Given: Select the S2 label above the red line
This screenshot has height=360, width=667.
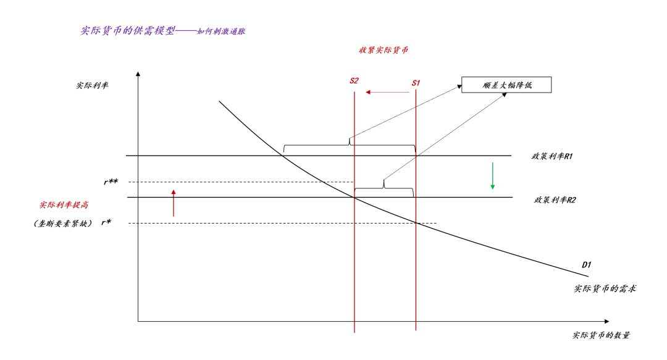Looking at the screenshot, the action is click(354, 81).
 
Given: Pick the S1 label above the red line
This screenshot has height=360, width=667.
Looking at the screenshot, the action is click(416, 82).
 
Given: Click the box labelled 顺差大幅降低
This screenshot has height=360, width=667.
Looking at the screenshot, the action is click(506, 85).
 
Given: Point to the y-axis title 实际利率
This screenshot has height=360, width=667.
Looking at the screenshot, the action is click(92, 85).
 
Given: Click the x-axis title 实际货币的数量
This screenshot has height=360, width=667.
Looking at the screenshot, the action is click(601, 335).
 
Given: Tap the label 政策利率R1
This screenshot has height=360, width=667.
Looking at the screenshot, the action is click(552, 156).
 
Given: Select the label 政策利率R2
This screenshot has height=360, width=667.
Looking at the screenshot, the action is click(555, 200).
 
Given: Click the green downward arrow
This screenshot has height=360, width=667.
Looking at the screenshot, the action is click(492, 176).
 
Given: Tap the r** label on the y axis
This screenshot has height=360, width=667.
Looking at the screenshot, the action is click(111, 182).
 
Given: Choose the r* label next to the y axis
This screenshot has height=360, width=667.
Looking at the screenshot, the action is click(106, 222).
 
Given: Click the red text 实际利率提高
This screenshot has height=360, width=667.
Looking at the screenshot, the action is click(64, 204).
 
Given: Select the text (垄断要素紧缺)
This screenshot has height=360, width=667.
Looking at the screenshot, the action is click(63, 223).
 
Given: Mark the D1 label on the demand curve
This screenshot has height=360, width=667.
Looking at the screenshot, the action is click(587, 264).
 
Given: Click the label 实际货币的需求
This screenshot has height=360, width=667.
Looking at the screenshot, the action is click(605, 288).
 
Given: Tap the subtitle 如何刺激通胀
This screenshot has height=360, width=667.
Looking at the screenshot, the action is click(221, 31).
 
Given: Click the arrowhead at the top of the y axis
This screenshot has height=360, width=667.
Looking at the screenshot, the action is click(138, 75).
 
